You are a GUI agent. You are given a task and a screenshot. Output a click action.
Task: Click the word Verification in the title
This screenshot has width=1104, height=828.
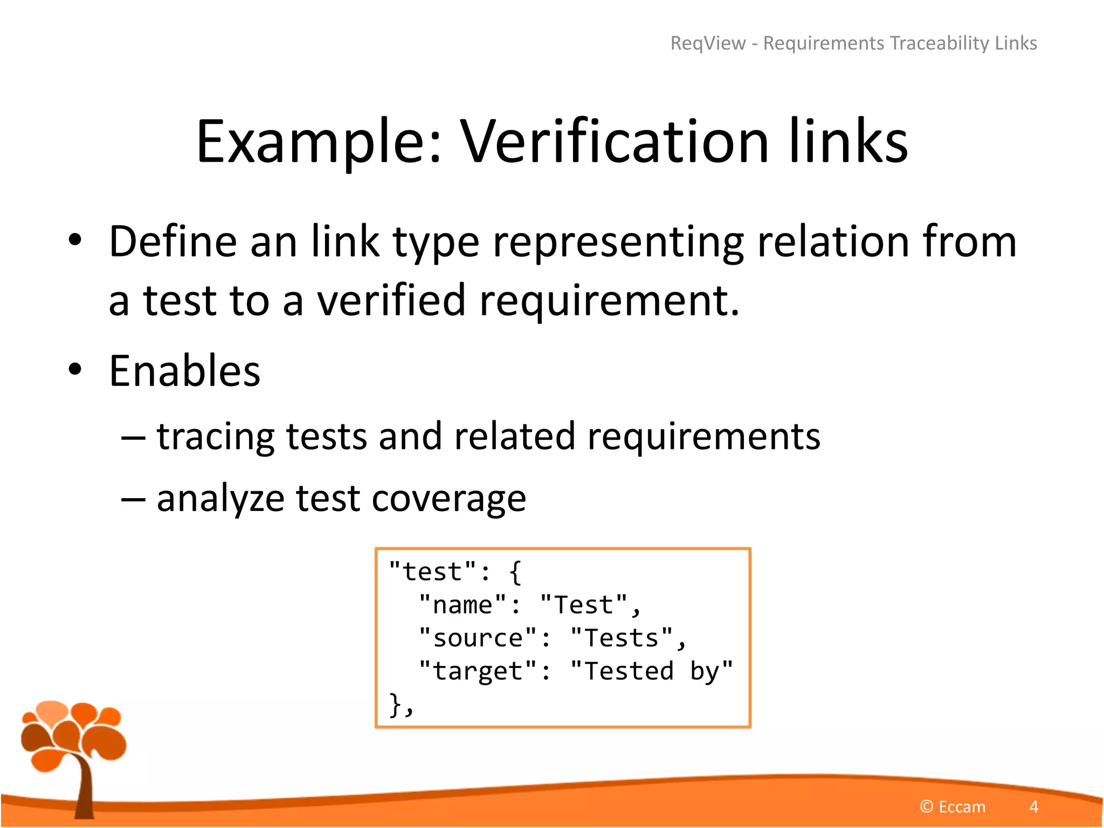[x=615, y=141]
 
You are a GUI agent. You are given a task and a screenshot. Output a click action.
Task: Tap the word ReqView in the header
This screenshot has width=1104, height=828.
[x=708, y=43]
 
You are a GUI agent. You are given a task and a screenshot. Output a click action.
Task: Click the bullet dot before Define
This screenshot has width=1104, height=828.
[x=75, y=240]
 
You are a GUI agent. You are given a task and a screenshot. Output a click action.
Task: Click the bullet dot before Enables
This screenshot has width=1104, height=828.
[x=75, y=370]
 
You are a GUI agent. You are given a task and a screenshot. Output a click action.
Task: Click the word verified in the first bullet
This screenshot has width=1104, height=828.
[x=391, y=300]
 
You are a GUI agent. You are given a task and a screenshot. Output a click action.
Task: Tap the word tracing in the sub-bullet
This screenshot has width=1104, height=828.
[x=216, y=437]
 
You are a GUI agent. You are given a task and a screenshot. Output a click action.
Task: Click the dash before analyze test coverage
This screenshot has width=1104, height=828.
[x=133, y=499]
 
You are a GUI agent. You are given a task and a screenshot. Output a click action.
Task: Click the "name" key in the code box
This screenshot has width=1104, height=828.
[x=463, y=605]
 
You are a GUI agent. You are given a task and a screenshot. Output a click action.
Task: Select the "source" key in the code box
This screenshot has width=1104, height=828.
[x=478, y=638]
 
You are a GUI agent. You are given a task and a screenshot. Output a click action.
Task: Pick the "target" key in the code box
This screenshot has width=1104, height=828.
[x=478, y=672]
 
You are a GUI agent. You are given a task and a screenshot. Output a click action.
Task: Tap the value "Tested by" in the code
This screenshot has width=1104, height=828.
[x=652, y=672]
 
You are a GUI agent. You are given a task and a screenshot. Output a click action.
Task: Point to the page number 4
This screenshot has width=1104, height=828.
[x=1033, y=806]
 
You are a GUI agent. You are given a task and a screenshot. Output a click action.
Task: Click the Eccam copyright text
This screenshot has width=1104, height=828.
[x=953, y=806]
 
